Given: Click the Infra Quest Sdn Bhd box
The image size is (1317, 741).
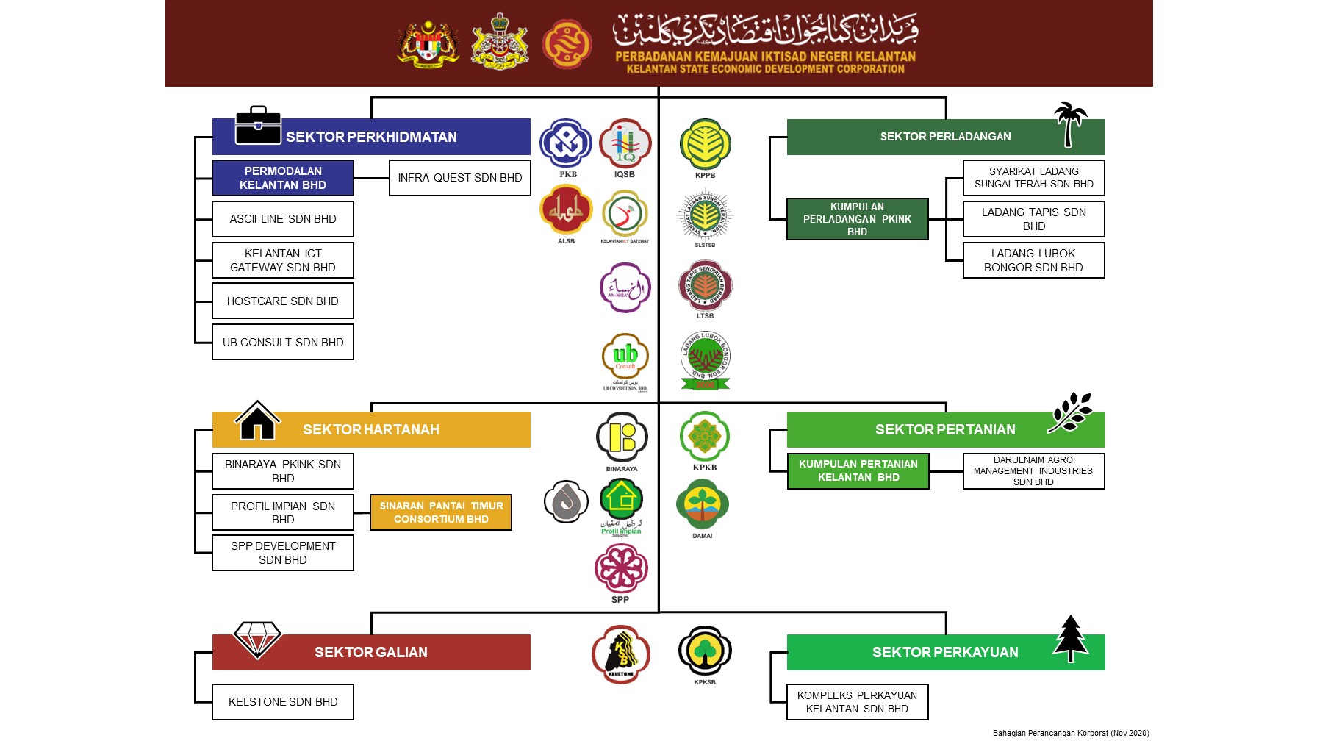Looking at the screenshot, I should tap(459, 178).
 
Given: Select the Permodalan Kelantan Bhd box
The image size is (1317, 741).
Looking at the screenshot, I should tap(283, 178).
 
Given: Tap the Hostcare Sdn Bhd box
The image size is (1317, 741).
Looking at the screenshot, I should tap(283, 301).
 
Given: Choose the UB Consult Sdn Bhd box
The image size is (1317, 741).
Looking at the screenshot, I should tap(283, 343).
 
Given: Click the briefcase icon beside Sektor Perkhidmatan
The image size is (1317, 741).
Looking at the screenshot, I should tap(258, 126).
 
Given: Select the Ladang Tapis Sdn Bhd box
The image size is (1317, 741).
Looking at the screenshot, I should tap(1033, 219).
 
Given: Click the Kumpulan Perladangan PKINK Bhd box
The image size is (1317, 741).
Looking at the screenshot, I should tap(857, 219).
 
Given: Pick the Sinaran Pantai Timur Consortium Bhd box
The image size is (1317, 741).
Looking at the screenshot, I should tap(441, 512).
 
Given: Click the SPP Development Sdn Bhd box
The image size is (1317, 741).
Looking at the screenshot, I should tap(283, 553).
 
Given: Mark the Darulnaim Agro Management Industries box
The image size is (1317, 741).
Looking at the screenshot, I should tap(1033, 471).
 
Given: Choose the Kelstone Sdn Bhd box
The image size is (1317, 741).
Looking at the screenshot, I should tap(283, 702).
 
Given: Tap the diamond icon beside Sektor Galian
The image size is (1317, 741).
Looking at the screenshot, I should tap(257, 639).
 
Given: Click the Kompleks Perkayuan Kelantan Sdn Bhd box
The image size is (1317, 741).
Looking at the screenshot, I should tap(857, 702).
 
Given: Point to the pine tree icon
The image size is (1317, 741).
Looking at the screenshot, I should tap(1071, 637).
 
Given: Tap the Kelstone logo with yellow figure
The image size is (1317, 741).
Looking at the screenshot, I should tap(621, 654).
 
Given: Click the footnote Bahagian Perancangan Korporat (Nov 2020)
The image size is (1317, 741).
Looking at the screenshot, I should tap(1071, 733).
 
